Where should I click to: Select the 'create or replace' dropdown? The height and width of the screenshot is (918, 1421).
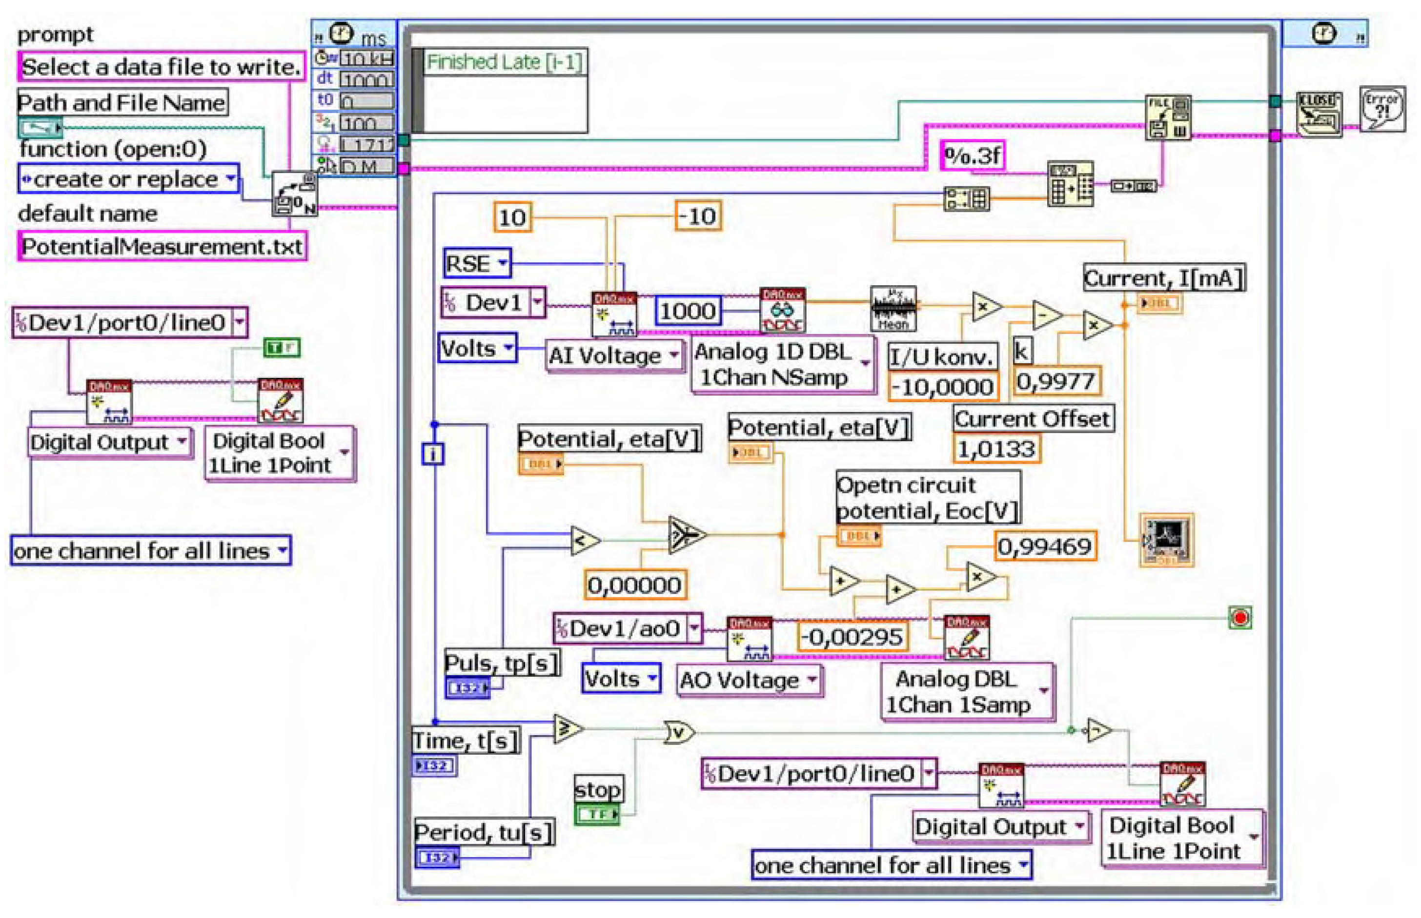128,179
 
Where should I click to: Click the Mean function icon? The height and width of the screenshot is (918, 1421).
893,309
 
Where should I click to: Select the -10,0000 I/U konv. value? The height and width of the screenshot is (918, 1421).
941,388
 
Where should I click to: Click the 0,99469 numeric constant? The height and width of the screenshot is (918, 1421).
1044,547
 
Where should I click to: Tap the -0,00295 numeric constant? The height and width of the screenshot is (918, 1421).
852,637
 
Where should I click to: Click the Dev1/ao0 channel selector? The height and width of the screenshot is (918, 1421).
627,628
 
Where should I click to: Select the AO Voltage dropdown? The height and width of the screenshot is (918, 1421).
749,680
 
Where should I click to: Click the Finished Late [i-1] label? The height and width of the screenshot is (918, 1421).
504,62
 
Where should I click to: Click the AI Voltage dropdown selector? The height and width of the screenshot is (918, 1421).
614,356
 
